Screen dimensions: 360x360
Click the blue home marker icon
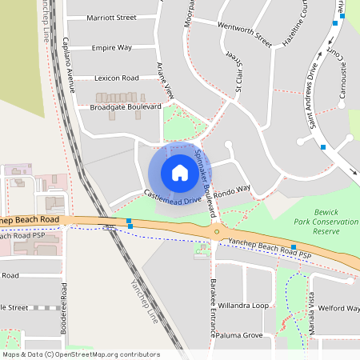(x=179, y=172)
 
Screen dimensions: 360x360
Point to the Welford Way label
(x=338, y=308)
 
